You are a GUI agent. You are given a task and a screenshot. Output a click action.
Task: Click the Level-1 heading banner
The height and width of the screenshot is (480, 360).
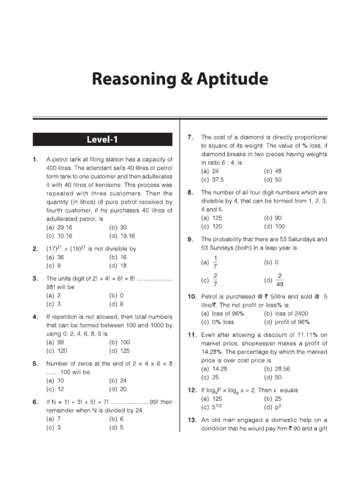click(102, 139)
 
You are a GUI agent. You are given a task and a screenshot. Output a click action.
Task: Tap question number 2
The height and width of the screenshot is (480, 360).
click(35, 249)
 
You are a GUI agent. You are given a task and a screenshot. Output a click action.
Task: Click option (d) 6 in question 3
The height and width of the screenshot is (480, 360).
click(117, 304)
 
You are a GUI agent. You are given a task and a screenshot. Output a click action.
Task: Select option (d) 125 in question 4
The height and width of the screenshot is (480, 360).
click(119, 351)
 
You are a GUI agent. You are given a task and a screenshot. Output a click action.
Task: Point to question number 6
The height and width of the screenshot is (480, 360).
click(35, 402)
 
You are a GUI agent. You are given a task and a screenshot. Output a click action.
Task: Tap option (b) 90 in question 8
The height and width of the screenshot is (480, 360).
click(274, 218)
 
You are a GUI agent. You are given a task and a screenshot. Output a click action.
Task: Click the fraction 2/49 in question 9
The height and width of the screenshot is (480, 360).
click(280, 280)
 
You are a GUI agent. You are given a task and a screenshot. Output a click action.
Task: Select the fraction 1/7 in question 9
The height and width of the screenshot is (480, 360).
click(215, 262)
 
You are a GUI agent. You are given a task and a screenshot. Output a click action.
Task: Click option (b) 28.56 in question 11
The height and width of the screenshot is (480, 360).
click(277, 369)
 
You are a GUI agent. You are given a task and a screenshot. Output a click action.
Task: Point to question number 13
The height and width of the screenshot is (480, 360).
click(191, 420)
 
